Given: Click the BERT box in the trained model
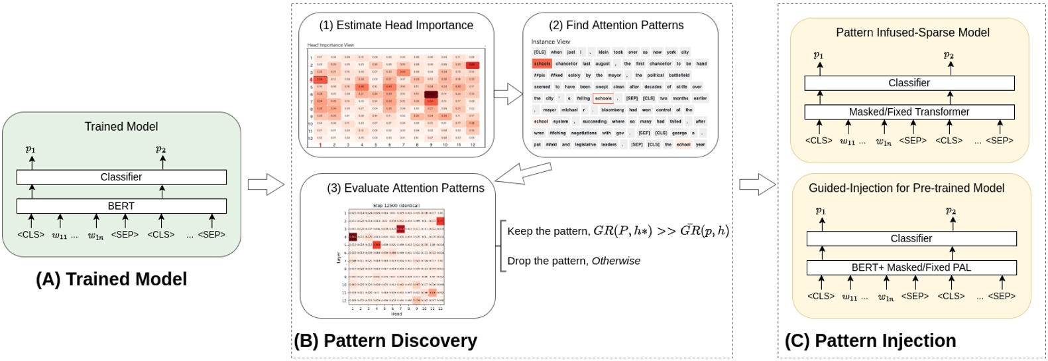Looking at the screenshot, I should [121, 206].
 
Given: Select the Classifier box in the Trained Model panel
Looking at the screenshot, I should [121, 177].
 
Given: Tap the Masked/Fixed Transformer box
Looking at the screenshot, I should [909, 112].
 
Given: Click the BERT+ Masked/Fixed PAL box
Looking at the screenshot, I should [911, 267].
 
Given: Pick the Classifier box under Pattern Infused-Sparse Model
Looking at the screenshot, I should [909, 83].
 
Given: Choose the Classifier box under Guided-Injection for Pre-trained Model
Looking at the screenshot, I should [911, 238].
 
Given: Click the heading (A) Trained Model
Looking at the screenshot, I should [111, 279].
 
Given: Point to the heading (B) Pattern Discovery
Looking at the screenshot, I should [385, 340].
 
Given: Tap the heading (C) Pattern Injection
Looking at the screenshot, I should [870, 340].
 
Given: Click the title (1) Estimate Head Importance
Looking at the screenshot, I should [396, 25].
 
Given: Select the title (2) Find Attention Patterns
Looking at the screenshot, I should [616, 25].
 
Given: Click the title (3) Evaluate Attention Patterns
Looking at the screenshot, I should [405, 188].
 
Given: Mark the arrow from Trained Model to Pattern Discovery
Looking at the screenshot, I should [266, 184].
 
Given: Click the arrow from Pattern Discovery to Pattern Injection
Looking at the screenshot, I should [757, 184].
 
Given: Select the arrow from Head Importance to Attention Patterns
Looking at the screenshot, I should [508, 94].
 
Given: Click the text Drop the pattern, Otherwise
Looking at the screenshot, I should [573, 261].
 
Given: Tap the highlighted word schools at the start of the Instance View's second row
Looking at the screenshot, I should [542, 64].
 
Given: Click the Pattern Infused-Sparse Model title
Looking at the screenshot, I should [912, 33].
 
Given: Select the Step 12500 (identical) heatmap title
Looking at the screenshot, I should [396, 206].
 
